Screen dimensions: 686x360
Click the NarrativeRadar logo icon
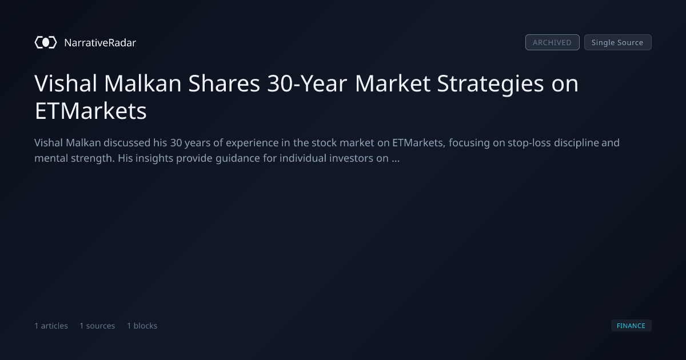tap(46, 42)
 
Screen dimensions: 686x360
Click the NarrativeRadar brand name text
tap(100, 42)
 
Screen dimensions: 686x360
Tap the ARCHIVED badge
tap(552, 42)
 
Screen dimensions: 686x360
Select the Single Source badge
tap(618, 42)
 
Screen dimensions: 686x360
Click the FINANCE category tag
tap(631, 325)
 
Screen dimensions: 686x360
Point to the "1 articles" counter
tap(51, 326)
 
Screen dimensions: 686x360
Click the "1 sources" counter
tap(97, 326)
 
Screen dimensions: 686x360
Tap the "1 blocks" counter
tap(142, 326)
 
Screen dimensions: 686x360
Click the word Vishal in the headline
tap(66, 83)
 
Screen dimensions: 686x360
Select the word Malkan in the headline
tap(143, 83)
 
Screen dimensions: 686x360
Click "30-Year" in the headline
tap(307, 83)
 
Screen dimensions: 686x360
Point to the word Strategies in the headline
tap(490, 84)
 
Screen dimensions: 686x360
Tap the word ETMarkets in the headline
tap(91, 111)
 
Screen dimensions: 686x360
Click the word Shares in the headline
tap(224, 83)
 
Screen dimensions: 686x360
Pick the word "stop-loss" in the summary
tap(529, 143)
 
